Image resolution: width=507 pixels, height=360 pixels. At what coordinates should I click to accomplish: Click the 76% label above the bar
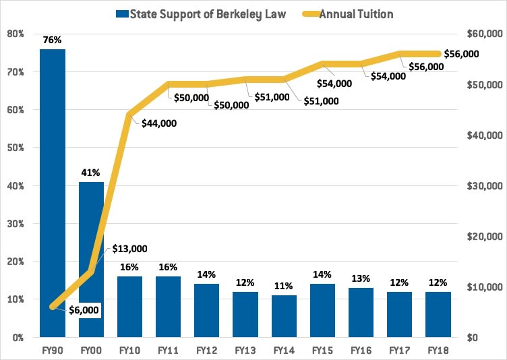(52, 39)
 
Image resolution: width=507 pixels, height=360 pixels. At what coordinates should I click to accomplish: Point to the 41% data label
(91, 172)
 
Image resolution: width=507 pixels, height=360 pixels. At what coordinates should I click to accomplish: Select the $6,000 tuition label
(84, 310)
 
